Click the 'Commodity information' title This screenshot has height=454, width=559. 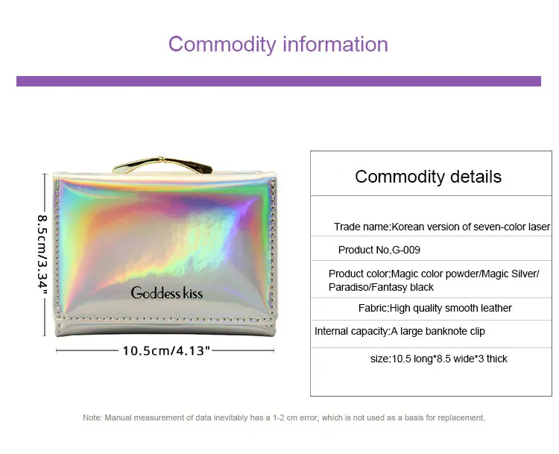[x=278, y=45]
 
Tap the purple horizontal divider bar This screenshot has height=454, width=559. [x=279, y=81]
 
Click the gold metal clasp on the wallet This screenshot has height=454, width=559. [x=162, y=165]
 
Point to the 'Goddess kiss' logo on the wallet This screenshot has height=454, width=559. [x=167, y=293]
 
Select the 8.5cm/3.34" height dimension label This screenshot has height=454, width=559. [x=42, y=255]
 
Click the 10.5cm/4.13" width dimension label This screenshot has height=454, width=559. [x=165, y=350]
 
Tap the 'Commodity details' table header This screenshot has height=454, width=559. [x=428, y=177]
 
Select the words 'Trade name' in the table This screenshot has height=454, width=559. [x=361, y=227]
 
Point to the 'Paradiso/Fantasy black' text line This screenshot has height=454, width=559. [x=381, y=288]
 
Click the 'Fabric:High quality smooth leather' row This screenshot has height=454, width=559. [x=435, y=308]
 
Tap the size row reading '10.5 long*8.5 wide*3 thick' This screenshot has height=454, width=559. [x=438, y=359]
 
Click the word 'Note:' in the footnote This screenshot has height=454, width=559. [x=92, y=417]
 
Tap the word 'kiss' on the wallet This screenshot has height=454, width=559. [x=193, y=293]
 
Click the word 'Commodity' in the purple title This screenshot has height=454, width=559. [x=222, y=45]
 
